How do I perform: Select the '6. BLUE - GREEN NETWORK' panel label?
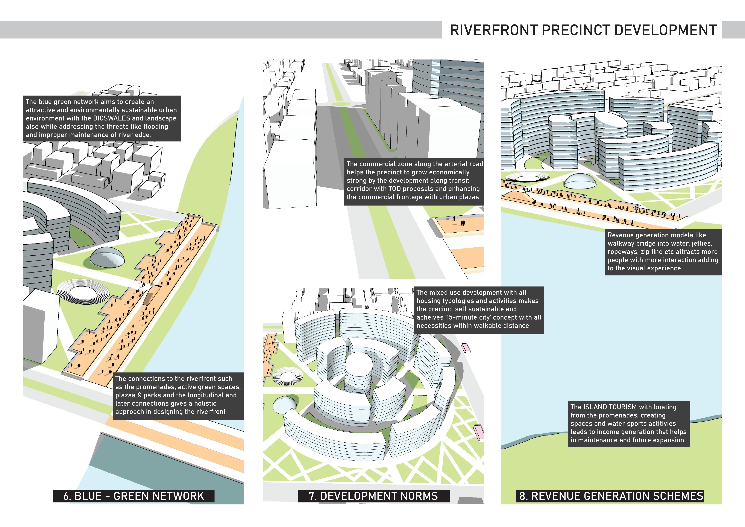click(x=134, y=496)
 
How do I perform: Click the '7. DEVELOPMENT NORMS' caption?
click(x=373, y=496)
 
